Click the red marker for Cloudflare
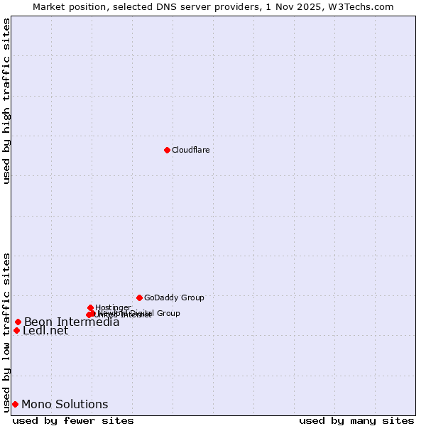point(167,150)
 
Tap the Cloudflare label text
point(190,150)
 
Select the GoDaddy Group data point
point(139,297)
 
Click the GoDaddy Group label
point(174,297)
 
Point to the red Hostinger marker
point(90,307)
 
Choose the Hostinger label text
point(113,307)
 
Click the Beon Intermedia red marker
point(18,322)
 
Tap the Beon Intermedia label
point(72,322)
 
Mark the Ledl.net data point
point(16,330)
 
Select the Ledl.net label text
point(45,331)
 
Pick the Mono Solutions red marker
point(15,405)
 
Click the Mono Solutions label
point(65,405)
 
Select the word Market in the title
point(50,6)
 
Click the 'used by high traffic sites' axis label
point(6,101)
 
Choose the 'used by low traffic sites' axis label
point(6,332)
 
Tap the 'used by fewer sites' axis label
point(73,420)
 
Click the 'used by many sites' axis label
point(356,420)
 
